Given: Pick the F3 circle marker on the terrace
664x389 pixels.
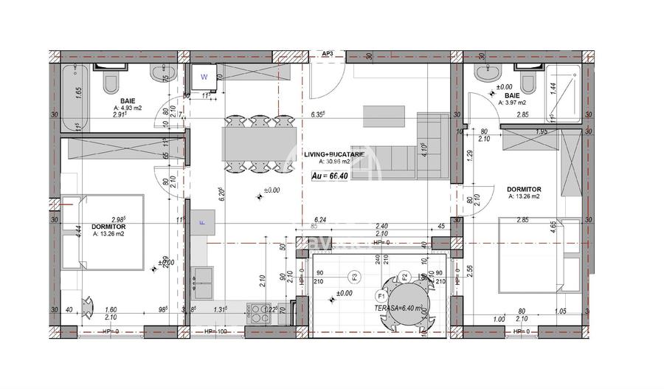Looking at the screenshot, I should tap(355, 278).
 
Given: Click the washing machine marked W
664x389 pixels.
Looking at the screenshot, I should tap(205, 75).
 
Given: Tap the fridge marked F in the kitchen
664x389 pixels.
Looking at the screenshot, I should tap(201, 221).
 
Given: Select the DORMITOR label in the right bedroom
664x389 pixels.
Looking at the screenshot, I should tap(524, 190).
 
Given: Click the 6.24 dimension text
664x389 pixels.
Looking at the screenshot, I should tap(320, 219).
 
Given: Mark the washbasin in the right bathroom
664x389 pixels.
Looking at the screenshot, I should tap(487, 72).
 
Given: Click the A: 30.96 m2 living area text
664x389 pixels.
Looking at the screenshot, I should tap(336, 161).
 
